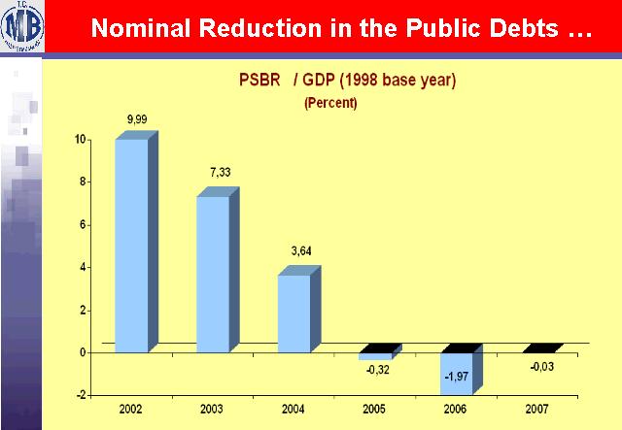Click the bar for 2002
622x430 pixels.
click(x=131, y=245)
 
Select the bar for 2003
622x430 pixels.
click(x=213, y=273)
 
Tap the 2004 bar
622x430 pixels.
click(x=294, y=313)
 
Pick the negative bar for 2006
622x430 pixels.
click(x=457, y=373)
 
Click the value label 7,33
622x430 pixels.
click(x=219, y=172)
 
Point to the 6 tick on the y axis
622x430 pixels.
click(x=83, y=225)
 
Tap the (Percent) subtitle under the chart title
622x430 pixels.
click(x=330, y=103)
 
